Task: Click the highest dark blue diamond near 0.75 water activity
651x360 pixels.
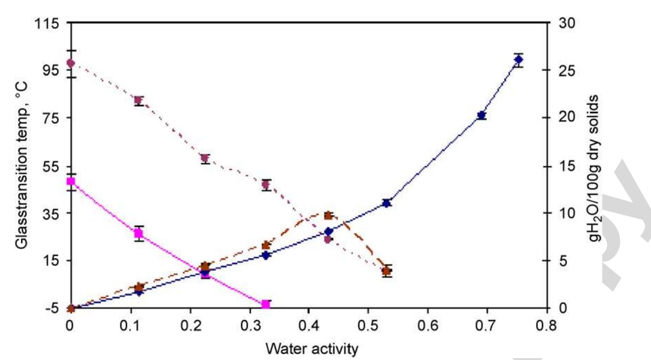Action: click(519, 60)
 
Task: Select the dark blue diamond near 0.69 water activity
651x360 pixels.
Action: click(482, 115)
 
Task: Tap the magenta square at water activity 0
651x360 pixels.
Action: click(71, 181)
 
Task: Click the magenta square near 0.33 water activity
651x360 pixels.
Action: click(266, 304)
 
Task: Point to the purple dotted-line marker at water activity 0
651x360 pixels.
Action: click(71, 63)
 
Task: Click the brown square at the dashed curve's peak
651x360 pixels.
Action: click(328, 216)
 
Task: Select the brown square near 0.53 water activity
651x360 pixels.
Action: click(387, 271)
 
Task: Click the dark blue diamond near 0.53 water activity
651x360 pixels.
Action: click(387, 203)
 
